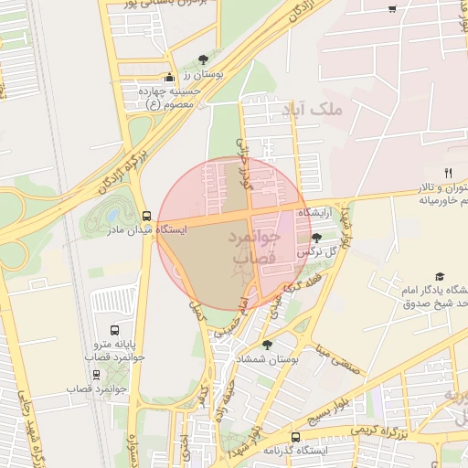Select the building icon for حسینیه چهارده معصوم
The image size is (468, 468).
coord(168,78)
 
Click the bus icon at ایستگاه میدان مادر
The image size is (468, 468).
coord(146,216)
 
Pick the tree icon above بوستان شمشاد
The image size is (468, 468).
coord(267,345)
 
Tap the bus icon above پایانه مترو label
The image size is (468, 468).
coord(115,330)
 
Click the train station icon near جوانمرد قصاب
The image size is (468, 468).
coord(97,374)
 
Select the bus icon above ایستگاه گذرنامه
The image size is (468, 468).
coord(296,438)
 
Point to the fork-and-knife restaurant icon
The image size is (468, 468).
coord(447,172)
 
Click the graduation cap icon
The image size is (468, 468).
coord(439,276)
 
